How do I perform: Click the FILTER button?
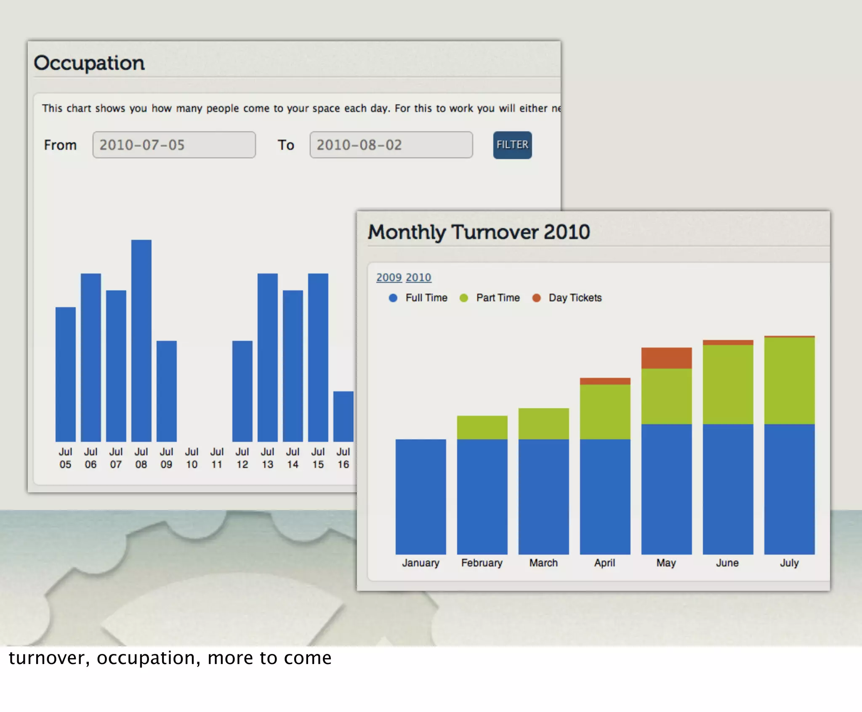point(512,145)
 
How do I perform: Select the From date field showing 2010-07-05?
point(174,145)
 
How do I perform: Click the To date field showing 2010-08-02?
point(391,145)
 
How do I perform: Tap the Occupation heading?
point(89,63)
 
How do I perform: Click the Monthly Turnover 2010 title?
point(479,232)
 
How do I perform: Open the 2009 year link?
point(388,278)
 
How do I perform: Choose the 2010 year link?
point(418,278)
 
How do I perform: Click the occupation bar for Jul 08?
point(141,341)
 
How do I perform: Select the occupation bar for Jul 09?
point(167,391)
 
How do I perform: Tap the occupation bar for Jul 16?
point(343,417)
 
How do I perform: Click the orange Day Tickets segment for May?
point(666,358)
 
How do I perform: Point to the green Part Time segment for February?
point(482,428)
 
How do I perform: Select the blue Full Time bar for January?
point(420,497)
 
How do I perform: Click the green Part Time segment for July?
point(789,381)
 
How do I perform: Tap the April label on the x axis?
point(605,563)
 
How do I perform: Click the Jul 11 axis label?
point(217,458)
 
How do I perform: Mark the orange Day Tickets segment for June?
point(728,343)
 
